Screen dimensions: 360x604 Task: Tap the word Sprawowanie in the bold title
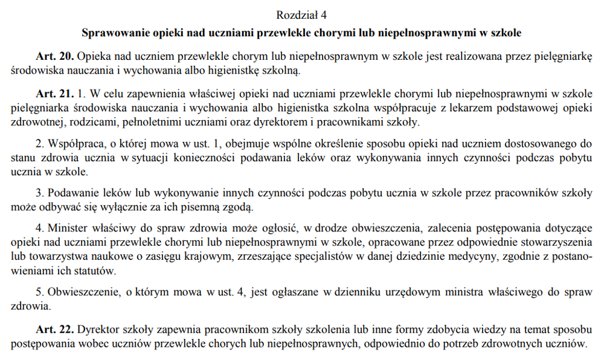pyautogui.click(x=112, y=31)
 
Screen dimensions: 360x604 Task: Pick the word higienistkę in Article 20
pyautogui.click(x=236, y=70)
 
